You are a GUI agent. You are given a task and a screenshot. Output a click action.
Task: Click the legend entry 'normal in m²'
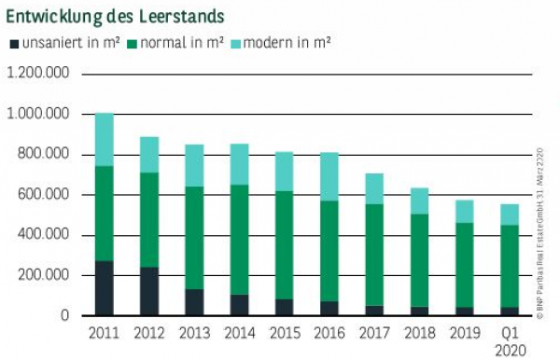pos(181,43)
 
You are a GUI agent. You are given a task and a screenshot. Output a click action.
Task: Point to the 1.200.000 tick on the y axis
pos(37,74)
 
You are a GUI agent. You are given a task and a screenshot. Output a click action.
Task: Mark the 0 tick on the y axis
pos(64,315)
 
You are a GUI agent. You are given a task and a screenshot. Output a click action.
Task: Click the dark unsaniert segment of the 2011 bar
pos(105,288)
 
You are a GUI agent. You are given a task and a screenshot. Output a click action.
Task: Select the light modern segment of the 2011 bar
pos(105,140)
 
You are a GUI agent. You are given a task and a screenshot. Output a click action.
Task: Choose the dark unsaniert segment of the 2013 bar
pos(194,302)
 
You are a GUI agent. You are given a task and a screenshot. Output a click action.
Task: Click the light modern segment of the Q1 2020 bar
pos(508,215)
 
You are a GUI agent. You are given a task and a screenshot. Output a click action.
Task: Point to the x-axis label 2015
pos(284,332)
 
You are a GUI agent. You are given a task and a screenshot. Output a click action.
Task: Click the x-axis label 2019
pos(462,332)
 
